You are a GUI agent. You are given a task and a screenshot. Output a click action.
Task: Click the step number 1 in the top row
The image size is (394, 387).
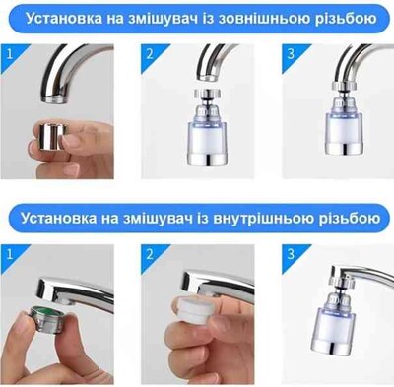coord(9,53)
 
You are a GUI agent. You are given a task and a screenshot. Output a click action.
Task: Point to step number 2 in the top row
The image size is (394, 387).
coord(150,53)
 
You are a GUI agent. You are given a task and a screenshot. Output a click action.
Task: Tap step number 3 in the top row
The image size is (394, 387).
coord(291,53)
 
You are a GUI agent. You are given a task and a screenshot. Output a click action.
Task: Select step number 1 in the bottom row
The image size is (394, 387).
coord(9,254)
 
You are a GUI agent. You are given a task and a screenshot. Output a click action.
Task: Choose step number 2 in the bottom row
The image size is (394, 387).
coord(150,254)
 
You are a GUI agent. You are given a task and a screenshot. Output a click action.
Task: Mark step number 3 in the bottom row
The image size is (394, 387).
coord(291,254)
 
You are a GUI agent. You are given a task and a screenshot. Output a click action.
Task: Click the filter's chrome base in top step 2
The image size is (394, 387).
coord(207,158)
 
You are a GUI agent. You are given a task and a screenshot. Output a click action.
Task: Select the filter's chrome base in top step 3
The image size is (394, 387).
coord(345,148)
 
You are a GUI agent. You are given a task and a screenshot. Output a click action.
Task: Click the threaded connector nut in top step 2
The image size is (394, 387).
coord(207,93)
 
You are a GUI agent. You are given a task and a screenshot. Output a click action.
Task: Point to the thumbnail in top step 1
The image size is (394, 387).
coord(57,111)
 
